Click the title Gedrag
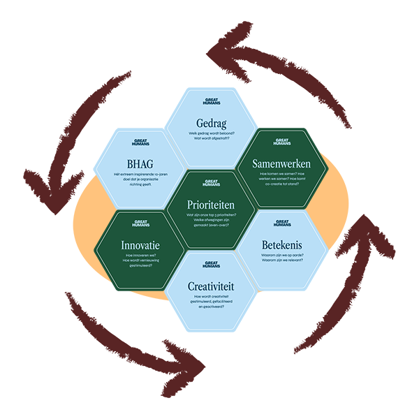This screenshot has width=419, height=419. [x=209, y=120]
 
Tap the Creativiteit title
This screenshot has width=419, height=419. [x=209, y=286]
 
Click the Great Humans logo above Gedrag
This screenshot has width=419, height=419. [x=209, y=102]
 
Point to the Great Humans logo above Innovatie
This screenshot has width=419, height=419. [x=140, y=224]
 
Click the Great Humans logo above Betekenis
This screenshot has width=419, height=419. [x=282, y=223]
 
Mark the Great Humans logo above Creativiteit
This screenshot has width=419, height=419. [x=209, y=265]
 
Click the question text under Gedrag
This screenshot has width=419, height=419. [x=209, y=135]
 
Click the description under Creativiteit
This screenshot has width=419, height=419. [x=209, y=302]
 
